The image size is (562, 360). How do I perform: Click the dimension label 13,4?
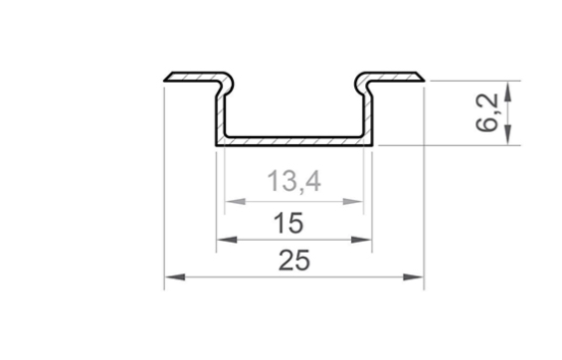[294, 181]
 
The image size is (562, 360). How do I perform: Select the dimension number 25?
[294, 261]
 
